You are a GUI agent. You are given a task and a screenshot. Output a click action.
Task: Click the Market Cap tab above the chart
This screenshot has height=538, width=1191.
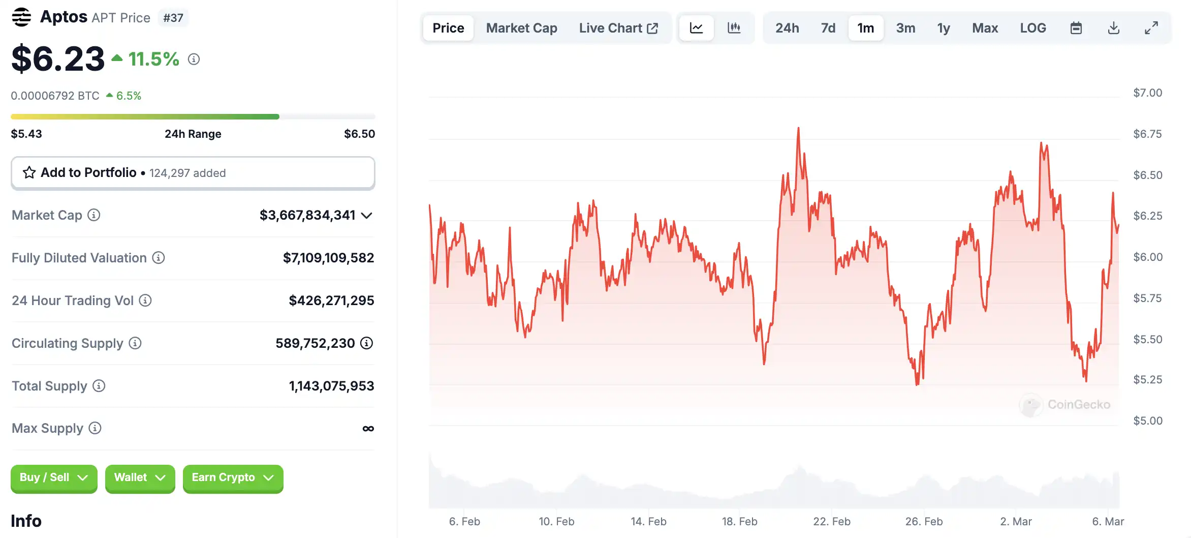pyautogui.click(x=521, y=28)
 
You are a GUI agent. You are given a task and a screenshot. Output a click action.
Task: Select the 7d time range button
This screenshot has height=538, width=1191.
pyautogui.click(x=828, y=28)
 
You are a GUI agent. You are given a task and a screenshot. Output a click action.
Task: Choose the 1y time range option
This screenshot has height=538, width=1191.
pyautogui.click(x=943, y=28)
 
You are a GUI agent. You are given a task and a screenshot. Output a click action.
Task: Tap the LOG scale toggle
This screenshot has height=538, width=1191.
pyautogui.click(x=1032, y=28)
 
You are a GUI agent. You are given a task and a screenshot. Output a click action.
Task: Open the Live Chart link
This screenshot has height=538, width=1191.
pyautogui.click(x=618, y=28)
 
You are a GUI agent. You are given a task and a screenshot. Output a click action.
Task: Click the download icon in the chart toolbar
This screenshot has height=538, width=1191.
pyautogui.click(x=1113, y=28)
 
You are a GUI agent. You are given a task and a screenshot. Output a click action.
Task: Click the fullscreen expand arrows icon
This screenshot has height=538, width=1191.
pyautogui.click(x=1151, y=28)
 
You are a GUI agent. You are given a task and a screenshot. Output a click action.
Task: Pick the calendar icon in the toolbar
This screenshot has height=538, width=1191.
pyautogui.click(x=1076, y=28)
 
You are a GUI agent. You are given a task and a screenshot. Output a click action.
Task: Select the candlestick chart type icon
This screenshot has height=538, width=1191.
pyautogui.click(x=734, y=28)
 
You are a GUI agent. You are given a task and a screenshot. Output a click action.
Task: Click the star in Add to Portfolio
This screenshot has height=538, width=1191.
pyautogui.click(x=29, y=173)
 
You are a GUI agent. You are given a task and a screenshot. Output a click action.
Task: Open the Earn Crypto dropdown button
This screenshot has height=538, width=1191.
pyautogui.click(x=233, y=478)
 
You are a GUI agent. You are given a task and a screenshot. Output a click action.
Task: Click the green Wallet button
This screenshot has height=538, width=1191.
pyautogui.click(x=140, y=478)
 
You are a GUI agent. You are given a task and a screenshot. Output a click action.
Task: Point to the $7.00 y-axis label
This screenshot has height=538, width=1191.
pyautogui.click(x=1147, y=93)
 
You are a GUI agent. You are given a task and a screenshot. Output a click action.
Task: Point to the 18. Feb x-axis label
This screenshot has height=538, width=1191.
pyautogui.click(x=739, y=521)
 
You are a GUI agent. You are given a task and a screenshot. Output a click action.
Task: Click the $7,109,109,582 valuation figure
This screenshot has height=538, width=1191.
pyautogui.click(x=328, y=258)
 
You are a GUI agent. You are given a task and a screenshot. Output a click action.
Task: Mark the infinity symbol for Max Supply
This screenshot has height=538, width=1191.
pyautogui.click(x=368, y=429)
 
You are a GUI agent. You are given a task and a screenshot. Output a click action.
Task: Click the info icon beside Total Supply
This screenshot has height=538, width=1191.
pyautogui.click(x=99, y=386)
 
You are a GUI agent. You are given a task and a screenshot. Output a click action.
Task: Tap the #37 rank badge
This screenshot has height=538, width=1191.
pyautogui.click(x=173, y=18)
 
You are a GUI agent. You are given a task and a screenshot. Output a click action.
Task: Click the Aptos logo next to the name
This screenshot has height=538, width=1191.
pyautogui.click(x=21, y=17)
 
